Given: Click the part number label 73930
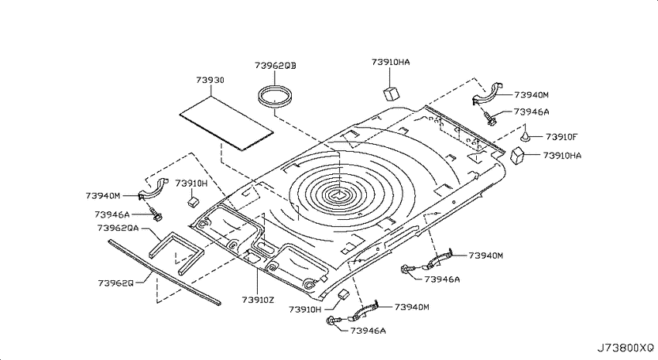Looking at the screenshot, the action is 211,80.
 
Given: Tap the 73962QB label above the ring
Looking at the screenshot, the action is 276,66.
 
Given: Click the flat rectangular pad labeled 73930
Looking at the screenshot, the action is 226,123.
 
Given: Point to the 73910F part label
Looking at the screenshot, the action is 561,137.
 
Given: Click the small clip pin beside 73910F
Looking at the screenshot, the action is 525,135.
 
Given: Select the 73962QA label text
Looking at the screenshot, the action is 118,228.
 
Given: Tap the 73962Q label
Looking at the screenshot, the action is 116,283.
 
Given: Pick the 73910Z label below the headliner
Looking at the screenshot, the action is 258,300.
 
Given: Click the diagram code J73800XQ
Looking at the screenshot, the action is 625,348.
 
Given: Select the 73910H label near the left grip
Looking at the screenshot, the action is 191,183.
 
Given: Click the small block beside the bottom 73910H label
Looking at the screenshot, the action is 343,294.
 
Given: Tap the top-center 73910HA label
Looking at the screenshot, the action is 391,62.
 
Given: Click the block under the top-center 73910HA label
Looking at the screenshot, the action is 391,94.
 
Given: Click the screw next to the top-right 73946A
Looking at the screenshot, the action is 489,118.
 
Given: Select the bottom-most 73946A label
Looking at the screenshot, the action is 368,331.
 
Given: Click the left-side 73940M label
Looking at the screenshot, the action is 103,196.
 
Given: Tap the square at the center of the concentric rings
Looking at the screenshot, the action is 336,194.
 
